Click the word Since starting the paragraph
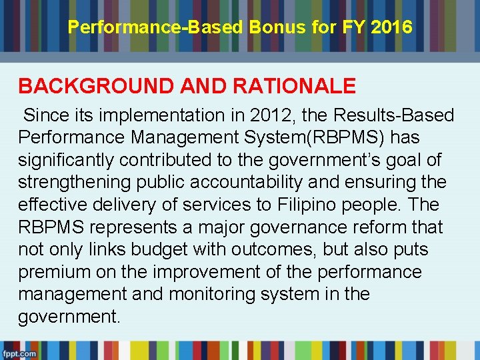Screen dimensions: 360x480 (x=48, y=115)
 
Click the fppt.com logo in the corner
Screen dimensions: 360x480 (x=18, y=353)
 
